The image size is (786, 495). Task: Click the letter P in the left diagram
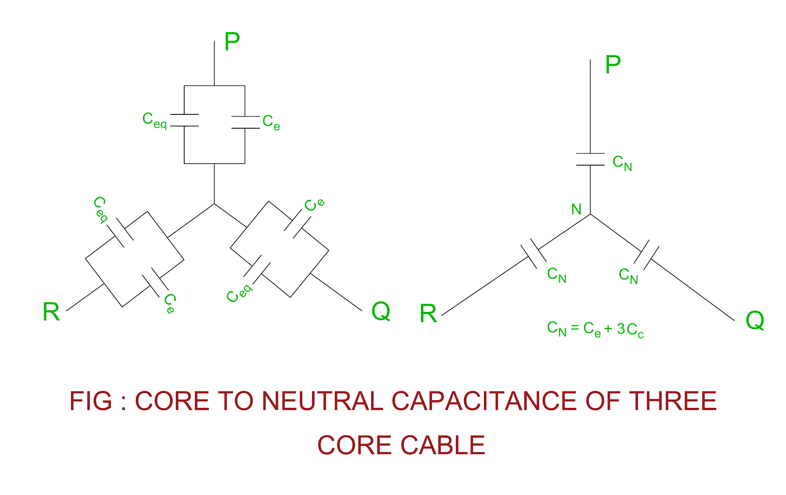[232, 41]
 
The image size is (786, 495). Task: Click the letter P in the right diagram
[613, 65]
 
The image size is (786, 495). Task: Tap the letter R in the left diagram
[51, 312]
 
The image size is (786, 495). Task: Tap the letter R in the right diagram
[428, 314]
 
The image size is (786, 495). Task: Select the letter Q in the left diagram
[381, 311]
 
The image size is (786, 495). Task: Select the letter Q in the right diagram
[755, 320]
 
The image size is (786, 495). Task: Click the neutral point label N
[576, 209]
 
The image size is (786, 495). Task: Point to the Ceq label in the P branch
[154, 120]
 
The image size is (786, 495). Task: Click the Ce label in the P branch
[271, 123]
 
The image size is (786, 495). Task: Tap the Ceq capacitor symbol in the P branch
[184, 120]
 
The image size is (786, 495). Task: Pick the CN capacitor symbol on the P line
[590, 159]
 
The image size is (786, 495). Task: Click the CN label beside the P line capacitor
[622, 163]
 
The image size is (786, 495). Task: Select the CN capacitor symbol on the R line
[533, 253]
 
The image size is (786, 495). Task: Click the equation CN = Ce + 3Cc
[595, 329]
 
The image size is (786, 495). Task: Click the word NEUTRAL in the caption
[322, 401]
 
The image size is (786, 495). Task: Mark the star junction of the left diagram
[214, 204]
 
